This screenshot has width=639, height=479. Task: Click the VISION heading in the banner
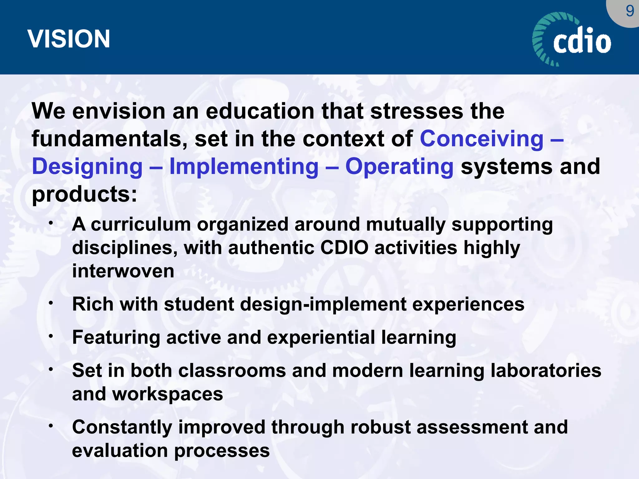(69, 39)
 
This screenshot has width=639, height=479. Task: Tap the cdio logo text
(582, 41)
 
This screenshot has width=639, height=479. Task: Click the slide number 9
(630, 11)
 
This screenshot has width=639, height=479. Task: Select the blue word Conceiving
(482, 139)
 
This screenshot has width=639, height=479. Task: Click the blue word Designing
(87, 167)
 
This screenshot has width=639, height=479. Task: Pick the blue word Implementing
(244, 166)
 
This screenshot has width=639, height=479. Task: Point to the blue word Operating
(399, 167)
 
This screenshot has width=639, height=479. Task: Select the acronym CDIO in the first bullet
(344, 248)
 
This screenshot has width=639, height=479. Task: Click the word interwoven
(123, 271)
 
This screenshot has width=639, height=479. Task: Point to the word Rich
(93, 304)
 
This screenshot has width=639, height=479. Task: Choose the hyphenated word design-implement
(323, 305)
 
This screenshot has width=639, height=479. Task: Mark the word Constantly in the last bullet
(122, 428)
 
